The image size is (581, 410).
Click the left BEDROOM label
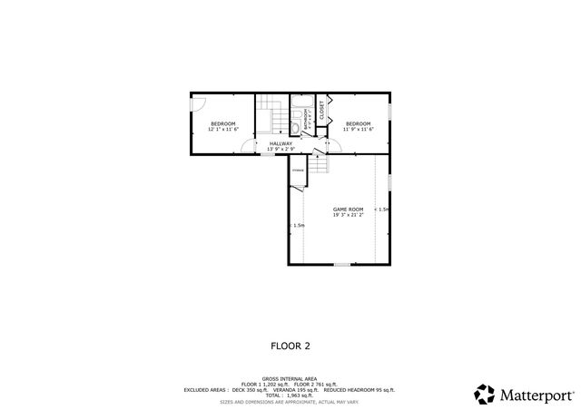click(222, 123)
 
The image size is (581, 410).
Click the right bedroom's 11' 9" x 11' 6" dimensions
click(357, 130)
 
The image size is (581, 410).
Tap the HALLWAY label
click(281, 142)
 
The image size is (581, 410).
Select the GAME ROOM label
click(348, 209)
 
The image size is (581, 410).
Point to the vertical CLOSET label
click(321, 110)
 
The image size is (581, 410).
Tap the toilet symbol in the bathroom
click(297, 115)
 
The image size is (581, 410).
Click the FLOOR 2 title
click(290, 346)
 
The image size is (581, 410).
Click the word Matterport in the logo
click(536, 395)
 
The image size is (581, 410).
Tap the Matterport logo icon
click(484, 395)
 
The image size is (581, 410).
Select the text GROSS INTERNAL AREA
click(290, 378)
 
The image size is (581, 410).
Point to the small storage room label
click(297, 170)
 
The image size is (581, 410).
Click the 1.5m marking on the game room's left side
click(297, 226)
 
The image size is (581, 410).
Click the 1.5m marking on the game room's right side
click(382, 210)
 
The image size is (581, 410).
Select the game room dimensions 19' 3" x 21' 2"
click(348, 215)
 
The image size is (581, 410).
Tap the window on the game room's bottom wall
click(340, 265)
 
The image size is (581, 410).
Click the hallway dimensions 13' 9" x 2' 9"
click(281, 149)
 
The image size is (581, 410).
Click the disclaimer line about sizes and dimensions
click(290, 400)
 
